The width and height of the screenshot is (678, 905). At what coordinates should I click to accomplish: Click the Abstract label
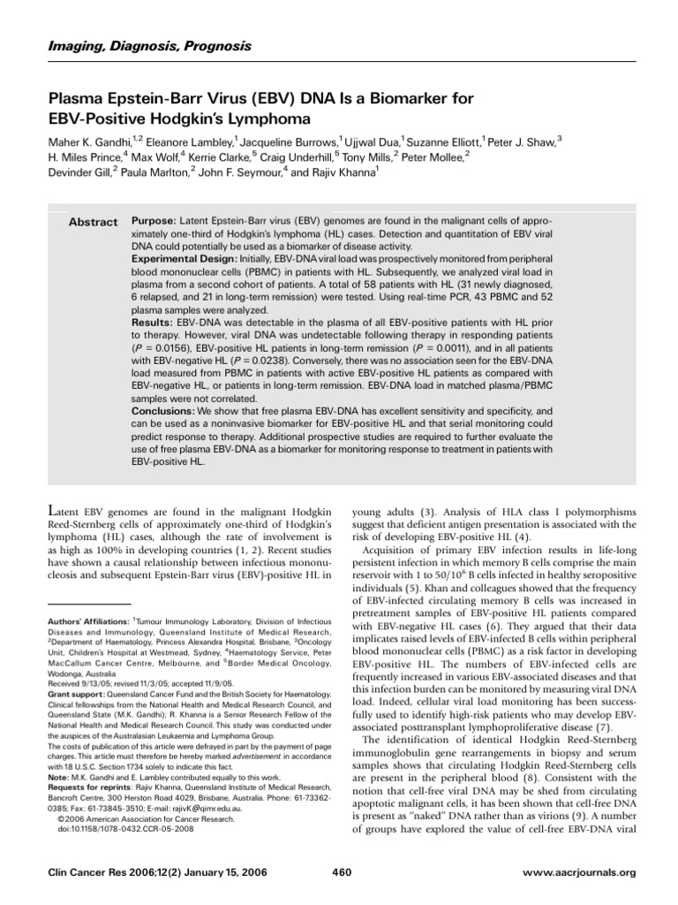coord(93,222)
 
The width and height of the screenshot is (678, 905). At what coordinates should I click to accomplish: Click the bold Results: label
coord(152,324)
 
